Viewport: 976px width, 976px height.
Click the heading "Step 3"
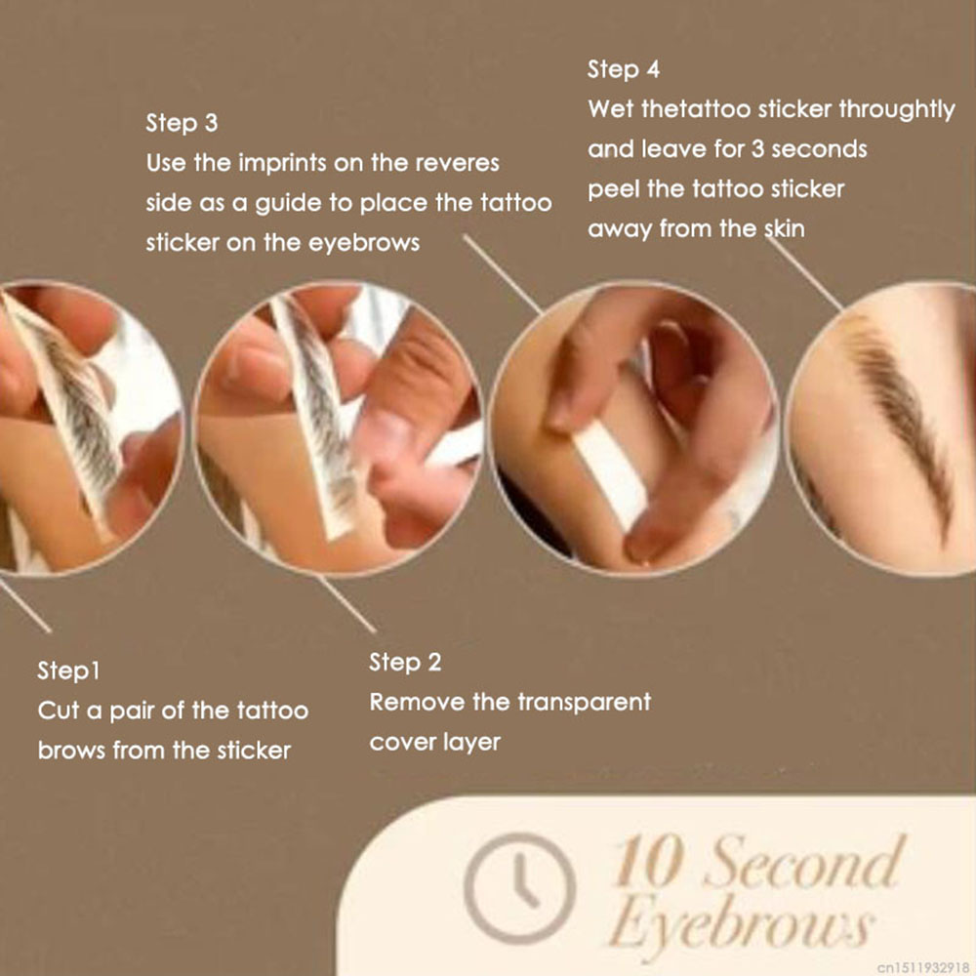[182, 123]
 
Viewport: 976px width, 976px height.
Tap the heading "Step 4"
[623, 69]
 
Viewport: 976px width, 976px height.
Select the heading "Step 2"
[405, 663]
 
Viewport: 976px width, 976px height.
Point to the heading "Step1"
[68, 671]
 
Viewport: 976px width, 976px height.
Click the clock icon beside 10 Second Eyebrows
[520, 887]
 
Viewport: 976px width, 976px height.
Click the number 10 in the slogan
[647, 861]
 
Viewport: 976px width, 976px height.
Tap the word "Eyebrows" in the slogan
[741, 925]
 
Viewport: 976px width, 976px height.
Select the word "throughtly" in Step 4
[897, 110]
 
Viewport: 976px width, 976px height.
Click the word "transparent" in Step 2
[585, 703]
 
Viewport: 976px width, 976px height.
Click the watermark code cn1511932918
[923, 967]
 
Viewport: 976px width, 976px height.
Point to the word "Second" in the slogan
[803, 861]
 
